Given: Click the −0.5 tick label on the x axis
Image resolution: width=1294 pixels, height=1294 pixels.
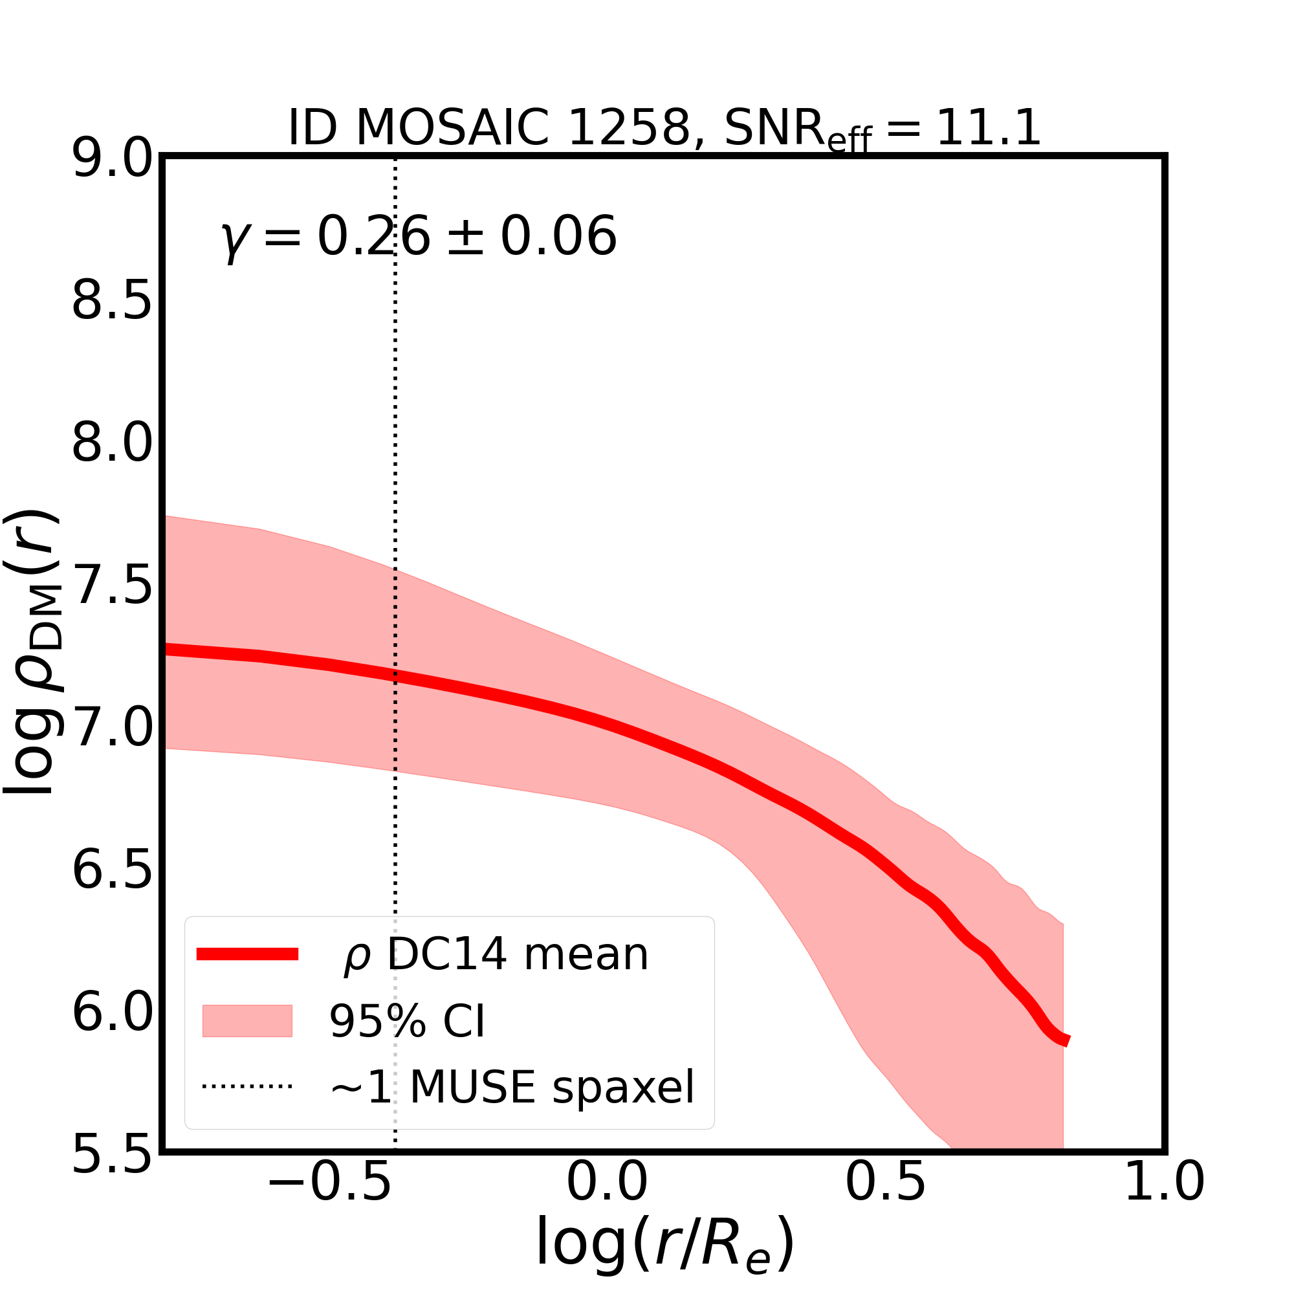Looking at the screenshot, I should click(x=329, y=1202).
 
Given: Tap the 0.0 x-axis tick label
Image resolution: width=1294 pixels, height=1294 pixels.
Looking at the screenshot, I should click(x=607, y=1202).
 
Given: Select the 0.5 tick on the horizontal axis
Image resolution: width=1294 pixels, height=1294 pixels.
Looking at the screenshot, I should click(x=886, y=1202).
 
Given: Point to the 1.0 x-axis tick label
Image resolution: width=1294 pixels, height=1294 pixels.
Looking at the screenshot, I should click(x=1164, y=1202).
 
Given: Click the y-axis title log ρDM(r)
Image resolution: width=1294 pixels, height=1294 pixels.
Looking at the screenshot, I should click(x=34, y=653).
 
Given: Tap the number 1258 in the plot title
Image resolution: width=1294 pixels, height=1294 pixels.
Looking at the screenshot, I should click(x=628, y=127).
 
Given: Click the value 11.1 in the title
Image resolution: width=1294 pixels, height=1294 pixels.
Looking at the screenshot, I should click(x=988, y=127).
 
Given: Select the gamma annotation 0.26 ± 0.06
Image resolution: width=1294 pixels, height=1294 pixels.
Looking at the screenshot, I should click(x=419, y=237).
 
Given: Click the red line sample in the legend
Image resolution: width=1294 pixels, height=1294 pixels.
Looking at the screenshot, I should click(x=247, y=954).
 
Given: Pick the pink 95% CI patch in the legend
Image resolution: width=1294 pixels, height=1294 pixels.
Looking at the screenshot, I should click(x=247, y=1022).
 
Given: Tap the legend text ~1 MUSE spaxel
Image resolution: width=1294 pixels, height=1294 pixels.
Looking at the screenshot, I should click(x=512, y=1087).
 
